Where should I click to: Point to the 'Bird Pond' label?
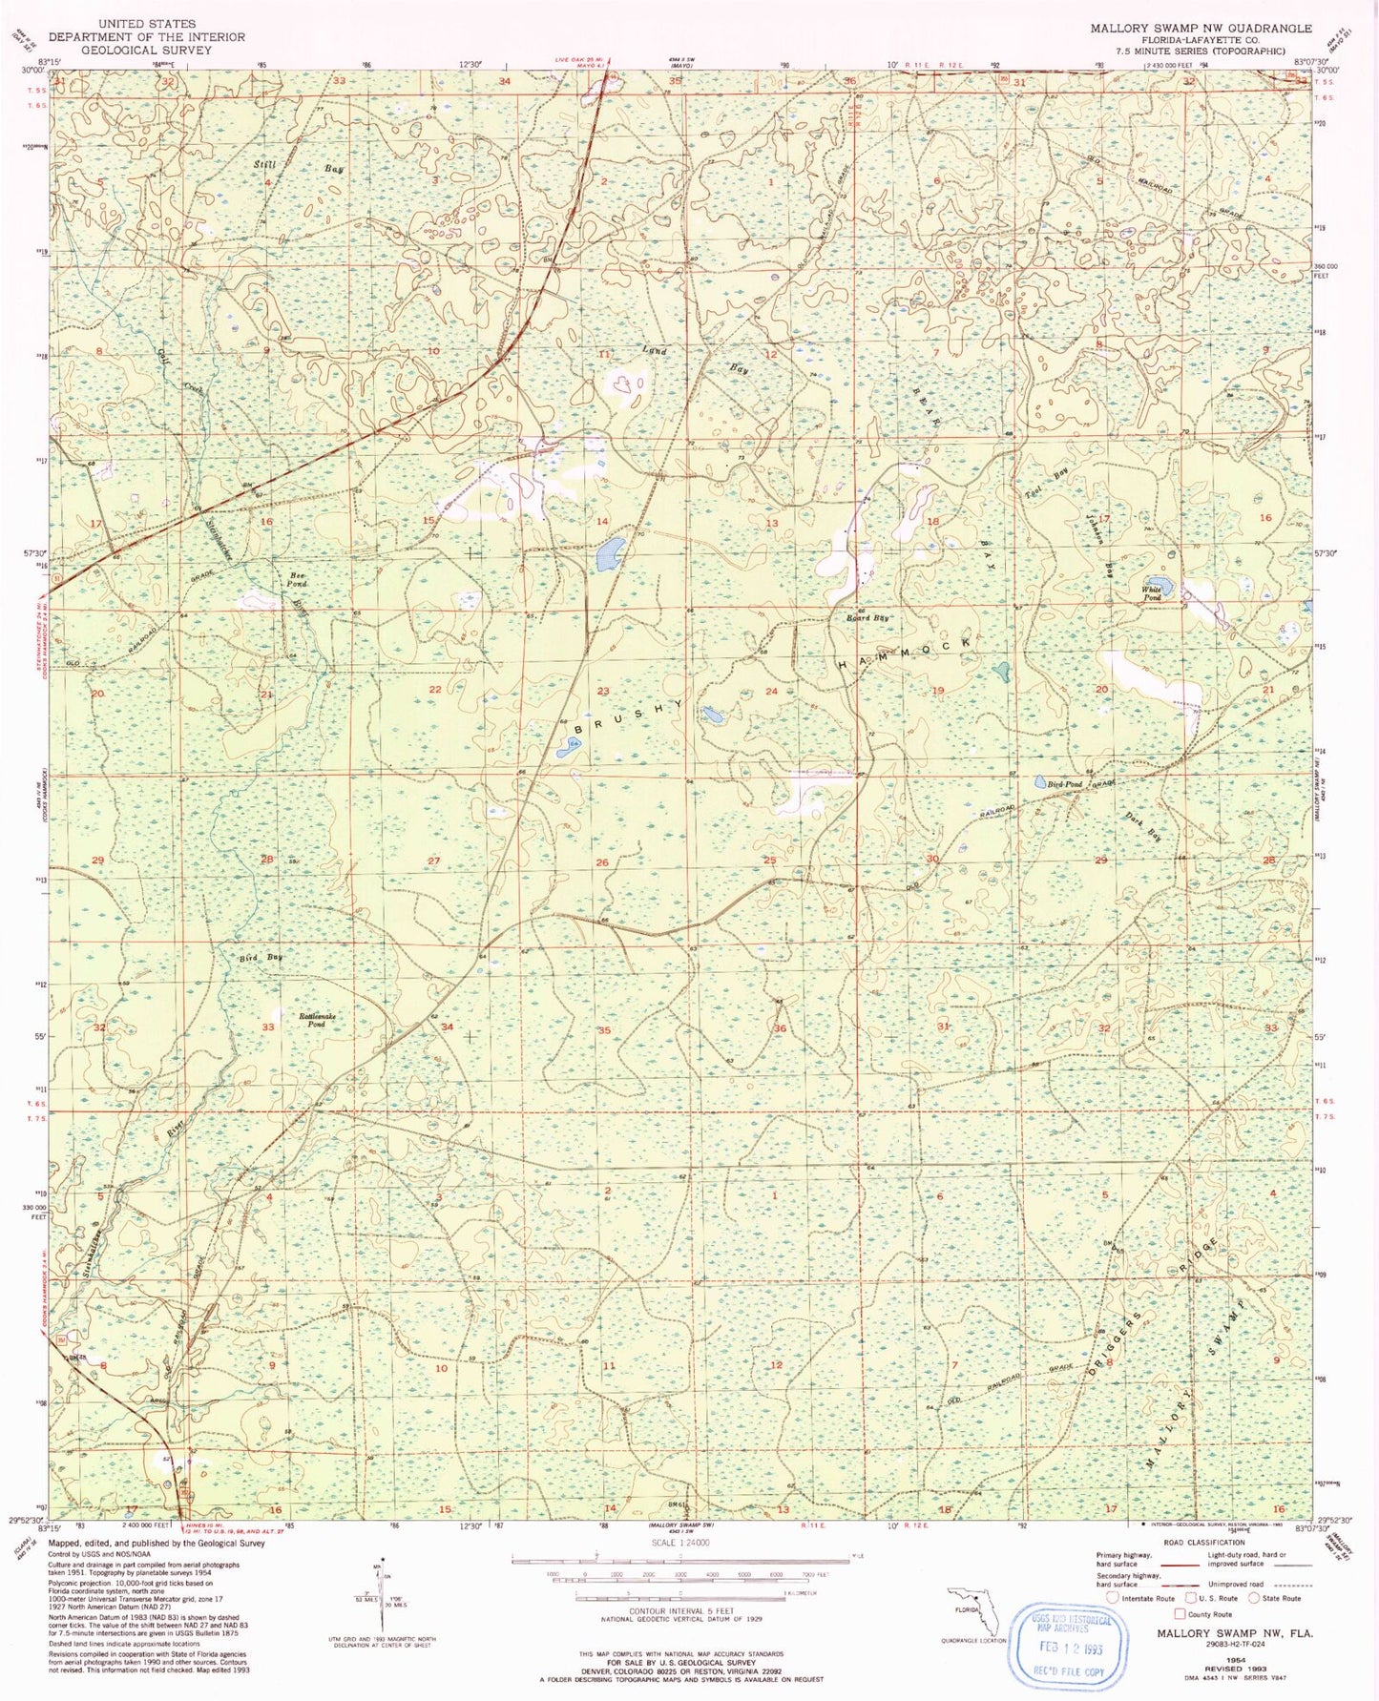click(x=1065, y=784)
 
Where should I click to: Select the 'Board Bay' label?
click(x=868, y=618)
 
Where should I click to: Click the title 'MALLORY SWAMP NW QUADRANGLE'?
click(x=1201, y=29)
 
